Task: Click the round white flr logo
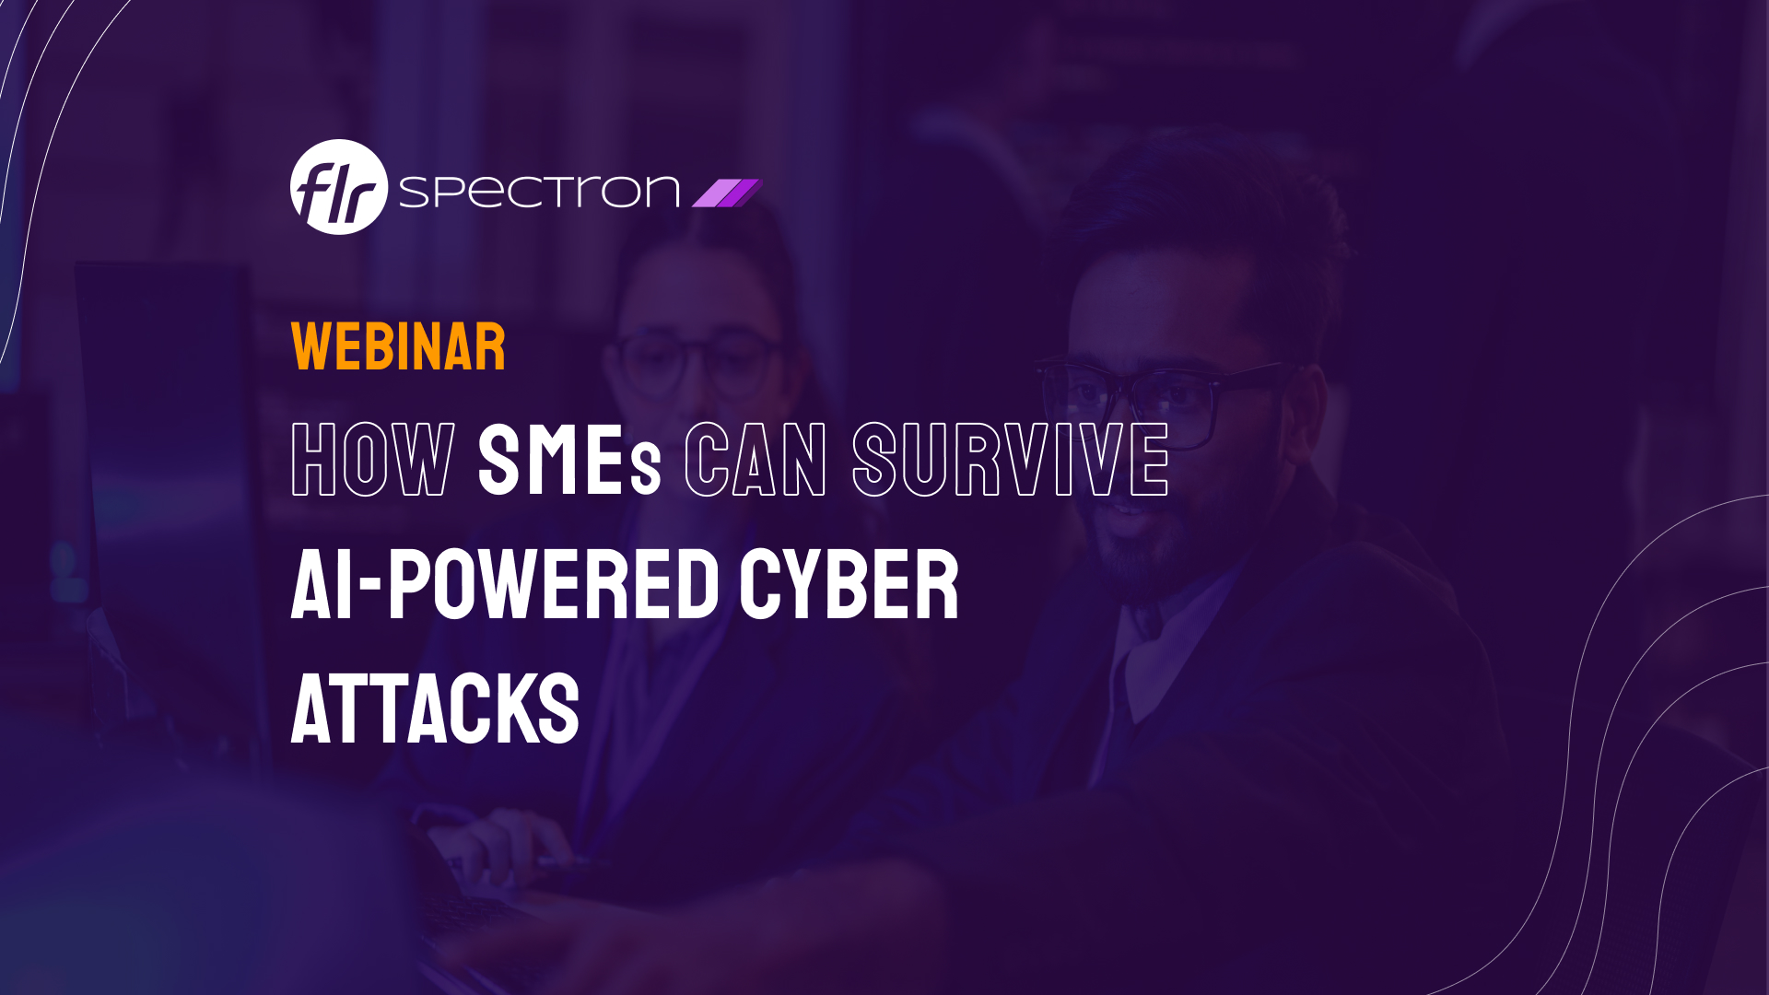pyautogui.click(x=338, y=187)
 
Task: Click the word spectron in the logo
pyautogui.click(x=539, y=191)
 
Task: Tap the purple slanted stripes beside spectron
pyautogui.click(x=727, y=193)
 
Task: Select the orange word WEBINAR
pyautogui.click(x=398, y=347)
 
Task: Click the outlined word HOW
pyautogui.click(x=372, y=460)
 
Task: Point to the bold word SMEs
pyautogui.click(x=569, y=460)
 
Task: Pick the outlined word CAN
pyautogui.click(x=756, y=460)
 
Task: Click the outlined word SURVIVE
pyautogui.click(x=1011, y=460)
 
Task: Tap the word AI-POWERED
pyautogui.click(x=505, y=585)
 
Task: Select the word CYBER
pyautogui.click(x=849, y=585)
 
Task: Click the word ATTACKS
pyautogui.click(x=435, y=708)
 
